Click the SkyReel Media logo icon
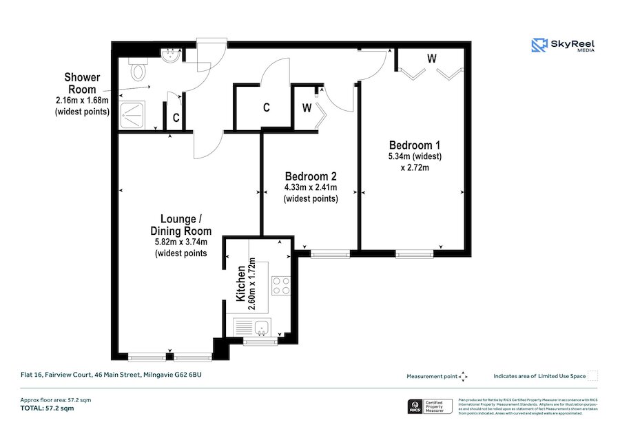539,45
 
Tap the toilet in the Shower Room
138,70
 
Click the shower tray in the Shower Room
137,114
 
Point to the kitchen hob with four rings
280,285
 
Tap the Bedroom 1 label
415,145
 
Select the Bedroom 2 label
311,176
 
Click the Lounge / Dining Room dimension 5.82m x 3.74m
181,242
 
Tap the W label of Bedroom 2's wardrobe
307,108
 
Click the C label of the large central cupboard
265,108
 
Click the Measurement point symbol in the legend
464,376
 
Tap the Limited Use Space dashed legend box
593,375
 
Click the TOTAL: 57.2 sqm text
46,408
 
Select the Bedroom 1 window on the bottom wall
415,253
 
